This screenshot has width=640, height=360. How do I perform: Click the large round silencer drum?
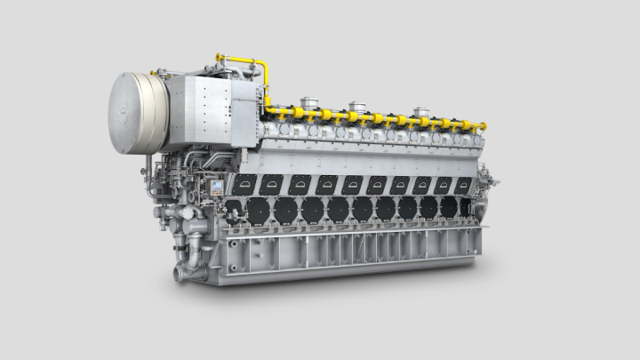tap(139, 113)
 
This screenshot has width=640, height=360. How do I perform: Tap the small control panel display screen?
tap(215, 188)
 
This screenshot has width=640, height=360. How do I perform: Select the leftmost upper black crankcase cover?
tap(243, 184)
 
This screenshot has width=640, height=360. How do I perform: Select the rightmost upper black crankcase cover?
tap(464, 184)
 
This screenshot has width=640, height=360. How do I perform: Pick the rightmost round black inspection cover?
tap(465, 208)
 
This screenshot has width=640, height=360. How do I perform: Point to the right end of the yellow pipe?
tap(483, 127)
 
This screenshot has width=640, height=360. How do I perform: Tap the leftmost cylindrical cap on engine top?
tap(308, 102)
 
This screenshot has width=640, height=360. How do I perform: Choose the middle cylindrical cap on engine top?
tap(357, 108)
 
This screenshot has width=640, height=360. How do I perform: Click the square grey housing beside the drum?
tap(203, 111)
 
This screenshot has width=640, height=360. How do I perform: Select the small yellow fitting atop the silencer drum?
tap(154, 72)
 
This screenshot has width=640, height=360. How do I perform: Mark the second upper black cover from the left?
tap(271, 184)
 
